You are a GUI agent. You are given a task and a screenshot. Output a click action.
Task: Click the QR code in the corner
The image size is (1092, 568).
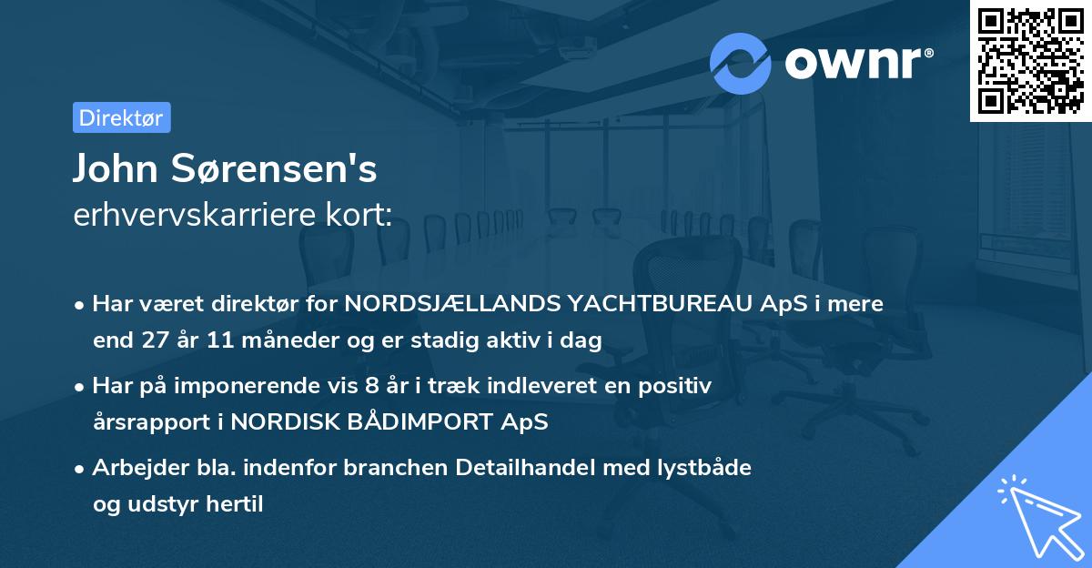[1030, 61]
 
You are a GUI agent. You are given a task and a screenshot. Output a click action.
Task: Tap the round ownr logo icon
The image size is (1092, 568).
[741, 63]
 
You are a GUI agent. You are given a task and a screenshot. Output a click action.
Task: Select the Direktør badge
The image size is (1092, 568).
[121, 117]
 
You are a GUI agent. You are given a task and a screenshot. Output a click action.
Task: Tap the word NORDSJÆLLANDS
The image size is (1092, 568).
[446, 304]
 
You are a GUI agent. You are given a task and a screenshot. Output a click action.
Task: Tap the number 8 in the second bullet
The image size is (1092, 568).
[370, 386]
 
